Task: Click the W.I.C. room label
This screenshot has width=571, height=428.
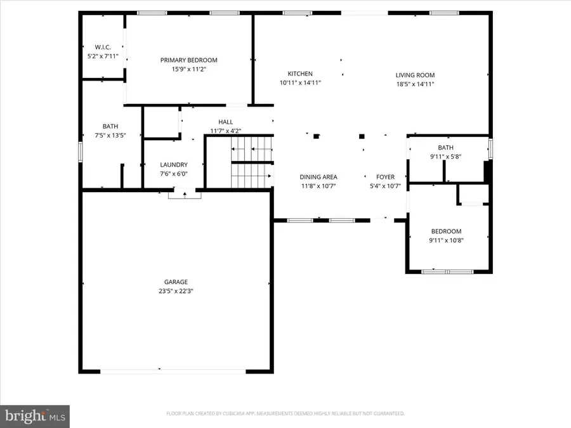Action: (x=102, y=47)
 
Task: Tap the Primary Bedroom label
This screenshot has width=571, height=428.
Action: (x=188, y=60)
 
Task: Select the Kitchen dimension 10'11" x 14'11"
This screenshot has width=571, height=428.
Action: (x=300, y=83)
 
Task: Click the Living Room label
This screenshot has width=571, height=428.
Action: (x=415, y=74)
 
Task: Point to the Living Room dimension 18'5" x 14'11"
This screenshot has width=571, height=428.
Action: (x=415, y=83)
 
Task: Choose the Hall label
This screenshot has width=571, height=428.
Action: (x=226, y=122)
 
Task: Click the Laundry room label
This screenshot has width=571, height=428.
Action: (x=173, y=165)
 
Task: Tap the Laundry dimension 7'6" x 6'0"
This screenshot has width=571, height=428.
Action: (x=173, y=174)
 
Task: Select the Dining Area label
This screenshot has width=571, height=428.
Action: (x=318, y=177)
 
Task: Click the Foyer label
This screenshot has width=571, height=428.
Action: (x=385, y=177)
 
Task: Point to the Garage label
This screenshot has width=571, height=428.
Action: (x=176, y=282)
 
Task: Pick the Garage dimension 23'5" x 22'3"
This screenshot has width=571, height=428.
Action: (x=176, y=291)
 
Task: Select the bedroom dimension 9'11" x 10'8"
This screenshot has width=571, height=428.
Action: (x=446, y=240)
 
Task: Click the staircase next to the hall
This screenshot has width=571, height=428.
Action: (x=251, y=167)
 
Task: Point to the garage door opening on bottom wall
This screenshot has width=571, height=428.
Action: (x=173, y=371)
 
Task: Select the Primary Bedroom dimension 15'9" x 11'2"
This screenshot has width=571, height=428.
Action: (x=188, y=69)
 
